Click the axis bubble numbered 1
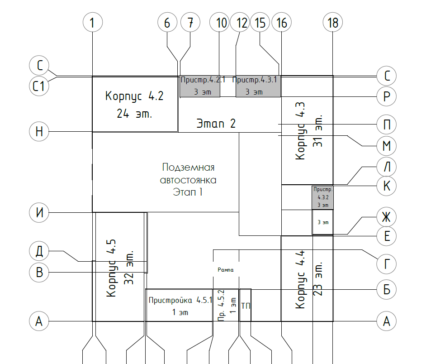click(x=93, y=22)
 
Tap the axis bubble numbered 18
click(x=332, y=22)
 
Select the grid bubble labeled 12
click(x=240, y=22)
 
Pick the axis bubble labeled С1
click(x=39, y=86)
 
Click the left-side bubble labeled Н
click(x=39, y=131)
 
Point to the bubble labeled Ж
click(x=387, y=217)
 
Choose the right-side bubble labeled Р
click(x=387, y=96)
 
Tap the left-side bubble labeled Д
click(x=39, y=251)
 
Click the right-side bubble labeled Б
click(x=387, y=289)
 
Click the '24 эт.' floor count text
click(x=134, y=113)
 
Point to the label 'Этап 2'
click(x=216, y=124)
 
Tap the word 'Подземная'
click(x=188, y=167)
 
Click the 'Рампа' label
click(x=226, y=270)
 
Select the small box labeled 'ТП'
click(x=246, y=305)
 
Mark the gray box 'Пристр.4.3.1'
click(x=258, y=86)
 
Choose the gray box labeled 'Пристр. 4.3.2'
click(x=323, y=197)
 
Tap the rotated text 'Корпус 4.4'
click(x=300, y=279)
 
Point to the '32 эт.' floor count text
click(x=128, y=268)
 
